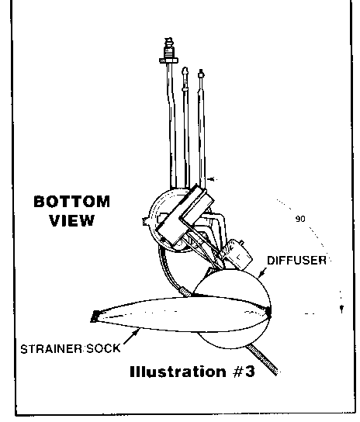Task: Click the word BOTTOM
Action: coord(72,202)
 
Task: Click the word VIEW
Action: coord(72,220)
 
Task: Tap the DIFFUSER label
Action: coord(296,261)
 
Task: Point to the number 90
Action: coord(300,219)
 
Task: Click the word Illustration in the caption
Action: coord(178,372)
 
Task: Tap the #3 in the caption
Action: coord(244,372)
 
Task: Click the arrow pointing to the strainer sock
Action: coord(132,336)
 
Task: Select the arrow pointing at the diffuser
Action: coord(261,272)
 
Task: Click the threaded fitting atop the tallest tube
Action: coord(168,50)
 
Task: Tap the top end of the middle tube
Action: coord(185,71)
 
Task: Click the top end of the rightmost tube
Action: coord(201,74)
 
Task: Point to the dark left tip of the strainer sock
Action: coord(95,316)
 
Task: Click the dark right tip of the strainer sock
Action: coord(268,311)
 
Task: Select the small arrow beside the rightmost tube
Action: coord(212,179)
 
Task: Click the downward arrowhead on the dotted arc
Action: coord(341,309)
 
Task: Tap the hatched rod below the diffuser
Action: coord(262,360)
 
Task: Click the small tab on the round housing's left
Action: coord(147,221)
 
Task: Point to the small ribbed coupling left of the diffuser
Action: coord(185,292)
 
